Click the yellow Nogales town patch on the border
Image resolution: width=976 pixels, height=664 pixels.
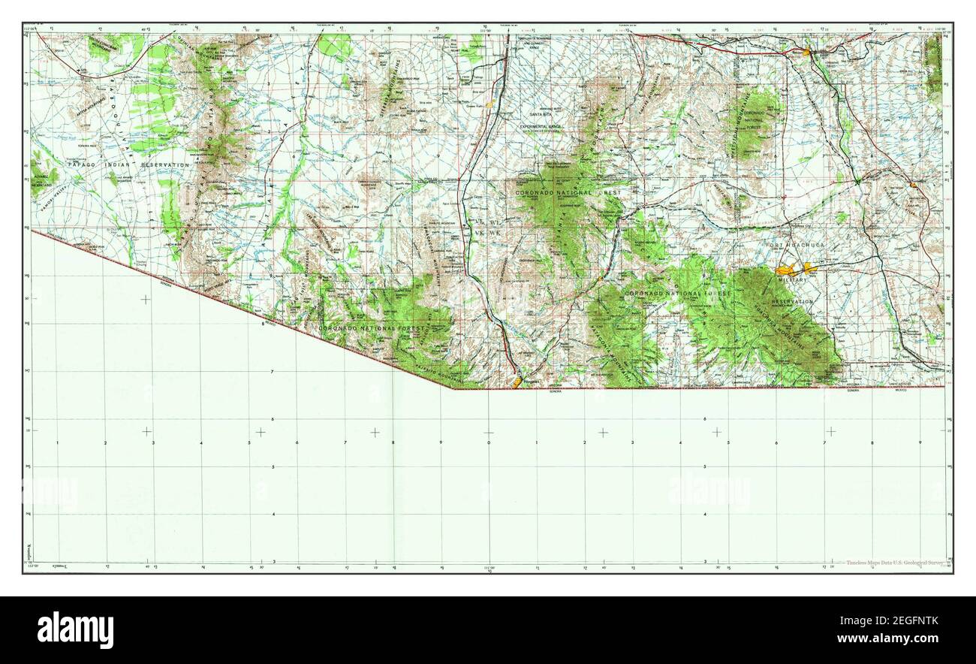518,382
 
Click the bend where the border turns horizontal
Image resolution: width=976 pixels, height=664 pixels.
454,388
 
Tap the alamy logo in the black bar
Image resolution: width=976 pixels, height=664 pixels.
75,629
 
